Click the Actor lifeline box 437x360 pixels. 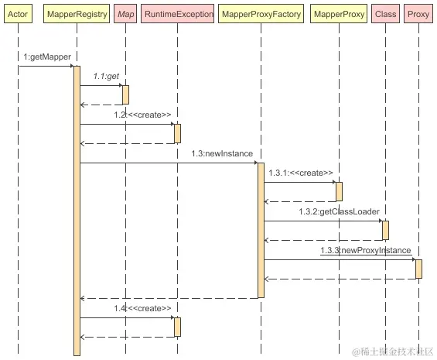click(18, 14)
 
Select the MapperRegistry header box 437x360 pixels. click(77, 14)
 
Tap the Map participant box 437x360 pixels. click(125, 14)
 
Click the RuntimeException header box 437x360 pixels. click(178, 14)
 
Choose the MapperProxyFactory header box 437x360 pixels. click(261, 14)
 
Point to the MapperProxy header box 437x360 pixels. click(339, 14)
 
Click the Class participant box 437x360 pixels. click(385, 14)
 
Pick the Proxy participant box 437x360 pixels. click(418, 14)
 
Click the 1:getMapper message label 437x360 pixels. click(47, 57)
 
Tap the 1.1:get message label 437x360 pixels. click(106, 76)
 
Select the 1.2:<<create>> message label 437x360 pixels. click(142, 115)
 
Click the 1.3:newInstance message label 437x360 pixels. click(222, 153)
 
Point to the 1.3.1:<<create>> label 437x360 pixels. click(301, 173)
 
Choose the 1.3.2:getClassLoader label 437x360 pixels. click(340, 211)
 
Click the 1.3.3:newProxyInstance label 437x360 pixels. click(366, 250)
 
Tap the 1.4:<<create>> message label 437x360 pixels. click(142, 308)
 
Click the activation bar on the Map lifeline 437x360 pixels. click(126, 95)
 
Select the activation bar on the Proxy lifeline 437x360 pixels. click(418, 269)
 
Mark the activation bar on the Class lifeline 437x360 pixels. click(385, 230)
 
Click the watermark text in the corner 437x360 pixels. click(393, 351)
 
